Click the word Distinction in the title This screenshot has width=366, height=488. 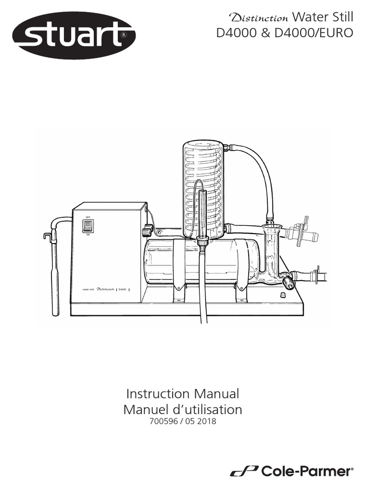(259, 19)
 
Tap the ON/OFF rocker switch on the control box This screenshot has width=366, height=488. (88, 226)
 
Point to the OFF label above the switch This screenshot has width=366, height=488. (88, 217)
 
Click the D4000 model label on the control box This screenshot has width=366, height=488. (122, 289)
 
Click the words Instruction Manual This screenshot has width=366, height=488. (183, 394)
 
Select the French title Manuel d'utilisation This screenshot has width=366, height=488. (183, 409)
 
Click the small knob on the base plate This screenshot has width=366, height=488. (282, 295)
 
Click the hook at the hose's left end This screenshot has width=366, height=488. (47, 235)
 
